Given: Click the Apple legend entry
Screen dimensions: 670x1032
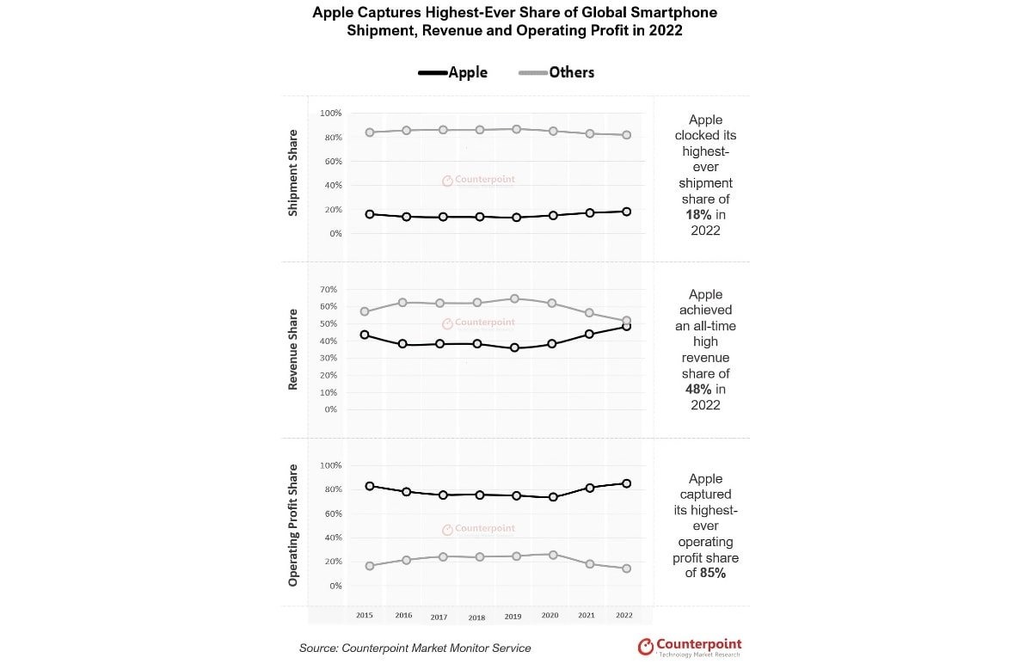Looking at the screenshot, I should pos(453,72).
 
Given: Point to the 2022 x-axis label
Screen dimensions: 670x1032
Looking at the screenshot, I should pos(625,616).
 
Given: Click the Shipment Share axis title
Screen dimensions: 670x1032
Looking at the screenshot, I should pos(293,173).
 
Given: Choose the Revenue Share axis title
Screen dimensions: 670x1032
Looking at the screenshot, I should pos(293,349).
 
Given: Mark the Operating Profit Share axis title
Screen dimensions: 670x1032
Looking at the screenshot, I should pos(293,526).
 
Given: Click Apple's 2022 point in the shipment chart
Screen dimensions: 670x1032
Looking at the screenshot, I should pos(627,211).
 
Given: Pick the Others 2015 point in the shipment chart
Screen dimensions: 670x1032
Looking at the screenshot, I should pos(369,132).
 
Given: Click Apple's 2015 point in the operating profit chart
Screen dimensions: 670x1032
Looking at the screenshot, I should pos(369,486).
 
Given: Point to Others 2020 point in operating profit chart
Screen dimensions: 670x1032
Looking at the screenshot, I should pos(553,555).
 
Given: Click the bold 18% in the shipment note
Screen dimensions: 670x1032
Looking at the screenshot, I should pos(698,214).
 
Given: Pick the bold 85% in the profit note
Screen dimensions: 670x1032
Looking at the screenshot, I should pos(713,574).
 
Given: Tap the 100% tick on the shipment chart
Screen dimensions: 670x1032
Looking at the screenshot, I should pos(330,113).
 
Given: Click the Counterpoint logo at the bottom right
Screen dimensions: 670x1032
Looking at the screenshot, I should pos(689,647).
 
